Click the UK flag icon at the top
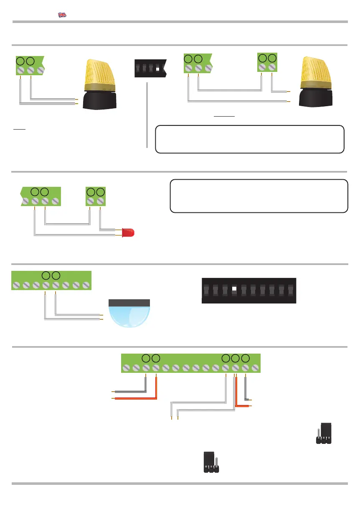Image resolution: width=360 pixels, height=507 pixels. click(62, 15)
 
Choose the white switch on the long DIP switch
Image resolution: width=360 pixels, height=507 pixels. click(234, 289)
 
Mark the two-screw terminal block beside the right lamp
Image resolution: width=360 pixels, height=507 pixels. click(267, 64)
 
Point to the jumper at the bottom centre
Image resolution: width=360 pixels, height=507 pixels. click(211, 462)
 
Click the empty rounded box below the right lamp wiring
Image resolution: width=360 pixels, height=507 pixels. click(249, 139)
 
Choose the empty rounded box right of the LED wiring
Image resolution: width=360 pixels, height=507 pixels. click(259, 196)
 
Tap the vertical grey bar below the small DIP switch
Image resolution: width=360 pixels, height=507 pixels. click(147, 115)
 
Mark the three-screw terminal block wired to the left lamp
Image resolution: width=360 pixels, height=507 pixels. click(30, 66)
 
